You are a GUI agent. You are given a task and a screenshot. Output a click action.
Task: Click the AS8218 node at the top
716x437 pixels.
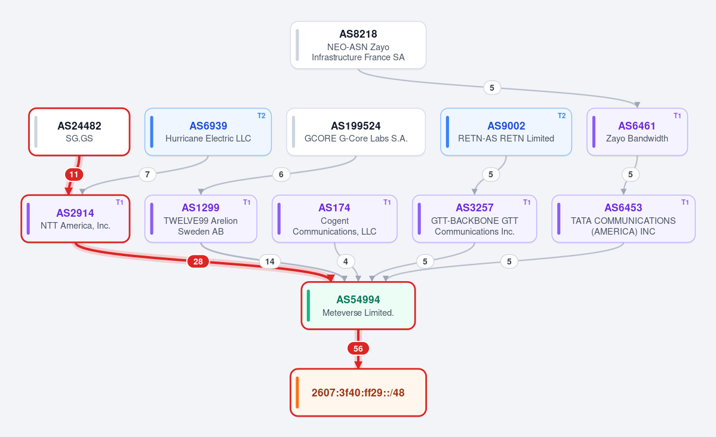(358, 45)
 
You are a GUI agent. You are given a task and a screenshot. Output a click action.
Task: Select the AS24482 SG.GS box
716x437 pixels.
(79, 132)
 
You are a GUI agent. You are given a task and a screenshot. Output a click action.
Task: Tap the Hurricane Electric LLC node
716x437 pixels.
(208, 132)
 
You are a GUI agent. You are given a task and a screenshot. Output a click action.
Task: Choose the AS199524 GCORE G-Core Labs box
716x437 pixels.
(356, 132)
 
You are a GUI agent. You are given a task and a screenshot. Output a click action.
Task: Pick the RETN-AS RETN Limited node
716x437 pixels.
(506, 132)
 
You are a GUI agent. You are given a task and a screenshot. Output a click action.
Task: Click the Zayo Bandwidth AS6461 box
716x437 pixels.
(637, 132)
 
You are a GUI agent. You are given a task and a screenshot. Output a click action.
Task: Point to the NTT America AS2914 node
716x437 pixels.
(75, 219)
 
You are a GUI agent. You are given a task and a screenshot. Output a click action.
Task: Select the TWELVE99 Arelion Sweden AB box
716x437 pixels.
(201, 219)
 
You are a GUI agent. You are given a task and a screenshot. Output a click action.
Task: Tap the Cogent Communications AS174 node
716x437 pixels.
(335, 219)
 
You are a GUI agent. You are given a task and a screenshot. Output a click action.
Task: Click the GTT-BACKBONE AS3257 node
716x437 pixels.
(474, 219)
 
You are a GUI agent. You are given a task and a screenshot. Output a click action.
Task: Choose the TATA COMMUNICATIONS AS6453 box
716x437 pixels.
(623, 219)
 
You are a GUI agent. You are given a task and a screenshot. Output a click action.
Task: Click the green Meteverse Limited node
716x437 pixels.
(358, 306)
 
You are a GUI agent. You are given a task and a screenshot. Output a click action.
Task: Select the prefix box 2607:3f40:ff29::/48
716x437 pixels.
(358, 393)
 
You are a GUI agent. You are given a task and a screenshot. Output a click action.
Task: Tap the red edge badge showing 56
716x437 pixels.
(358, 349)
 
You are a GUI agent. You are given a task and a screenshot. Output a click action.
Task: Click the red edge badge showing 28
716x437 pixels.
(198, 261)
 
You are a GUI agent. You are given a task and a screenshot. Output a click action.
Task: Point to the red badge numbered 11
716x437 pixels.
(73, 174)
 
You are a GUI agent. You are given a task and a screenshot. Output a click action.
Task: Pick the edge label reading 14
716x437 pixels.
(270, 261)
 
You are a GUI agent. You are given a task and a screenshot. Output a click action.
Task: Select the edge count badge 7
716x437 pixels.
(147, 174)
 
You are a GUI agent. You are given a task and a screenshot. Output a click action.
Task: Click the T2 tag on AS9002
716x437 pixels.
(562, 116)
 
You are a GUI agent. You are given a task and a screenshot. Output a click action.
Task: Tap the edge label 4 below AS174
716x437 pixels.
(346, 261)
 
